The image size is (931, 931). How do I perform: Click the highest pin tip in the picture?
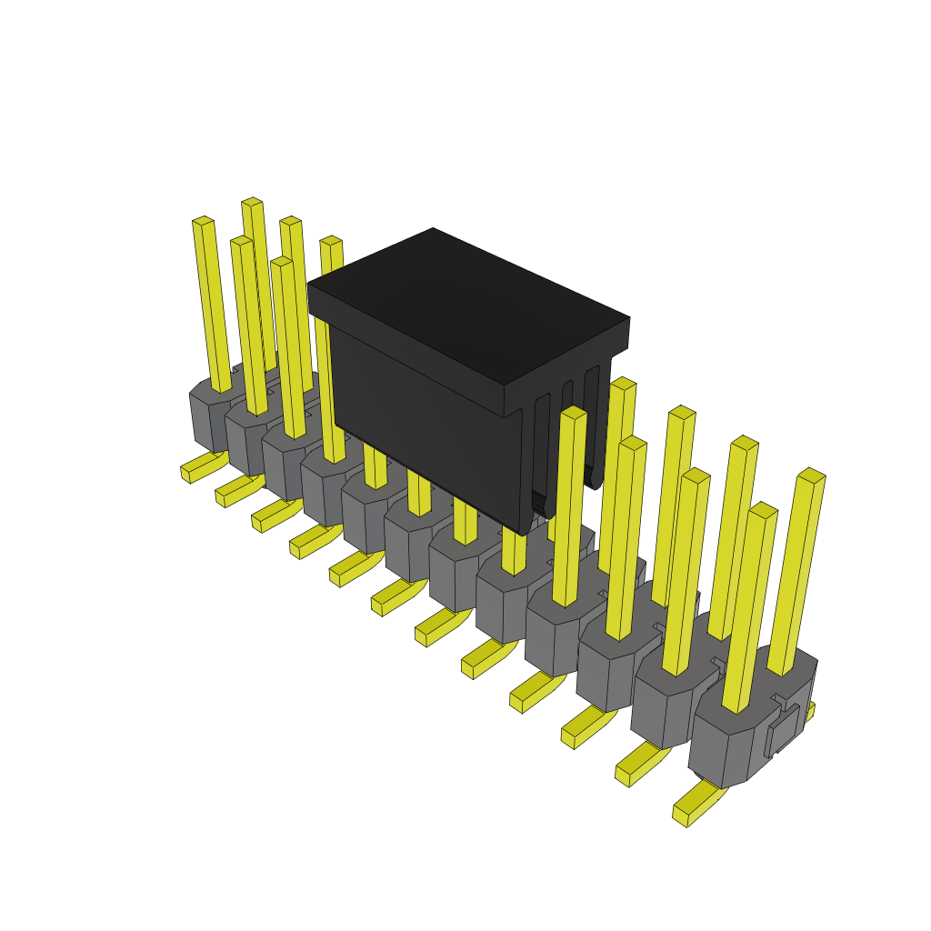[x=252, y=201]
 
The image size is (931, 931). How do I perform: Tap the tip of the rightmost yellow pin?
[x=811, y=474]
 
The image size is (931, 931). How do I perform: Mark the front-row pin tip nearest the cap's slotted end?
[x=574, y=412]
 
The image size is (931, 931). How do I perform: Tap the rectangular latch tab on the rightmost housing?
[x=783, y=729]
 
